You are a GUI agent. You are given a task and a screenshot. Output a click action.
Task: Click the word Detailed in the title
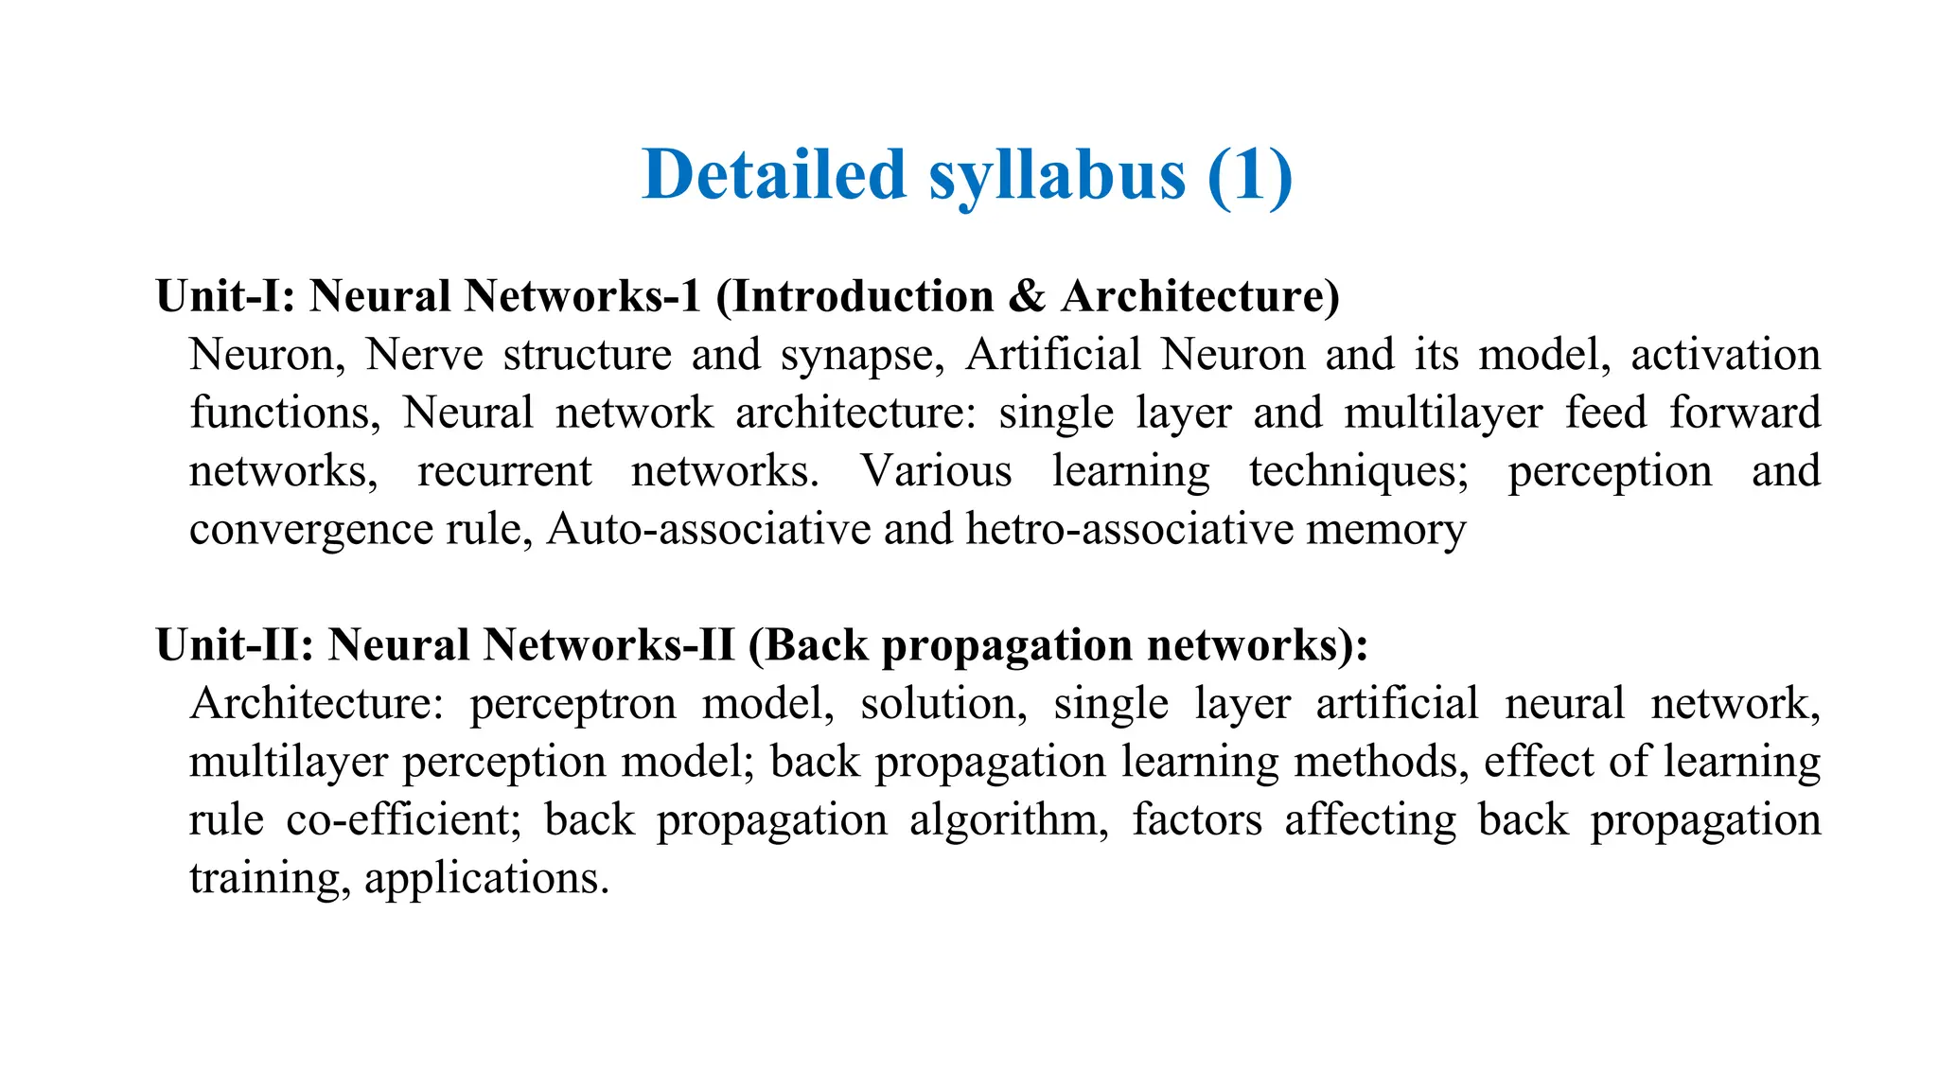(774, 175)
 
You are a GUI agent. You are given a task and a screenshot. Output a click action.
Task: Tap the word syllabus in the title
(1056, 177)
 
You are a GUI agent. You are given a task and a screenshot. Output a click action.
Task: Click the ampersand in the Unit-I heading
(1027, 296)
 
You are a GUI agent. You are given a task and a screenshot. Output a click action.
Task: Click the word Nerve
(424, 355)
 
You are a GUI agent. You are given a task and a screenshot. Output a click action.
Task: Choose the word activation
(1725, 355)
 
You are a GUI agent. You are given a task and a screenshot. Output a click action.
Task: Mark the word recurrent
(504, 471)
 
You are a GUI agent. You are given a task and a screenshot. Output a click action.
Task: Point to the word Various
(936, 471)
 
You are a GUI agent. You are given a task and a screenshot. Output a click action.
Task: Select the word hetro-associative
(1130, 529)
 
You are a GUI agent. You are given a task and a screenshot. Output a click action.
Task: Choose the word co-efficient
(404, 820)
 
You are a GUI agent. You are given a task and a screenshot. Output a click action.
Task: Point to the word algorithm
(1009, 820)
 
